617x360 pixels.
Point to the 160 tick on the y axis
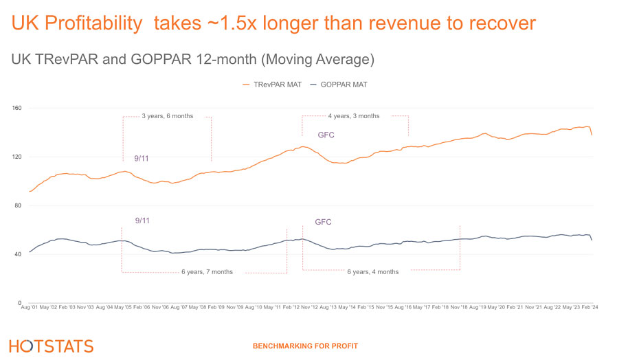click(17, 108)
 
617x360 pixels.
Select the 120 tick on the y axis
click(17, 157)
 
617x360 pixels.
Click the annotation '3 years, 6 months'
click(167, 116)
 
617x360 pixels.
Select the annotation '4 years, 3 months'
click(353, 116)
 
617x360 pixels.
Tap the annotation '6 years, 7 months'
click(207, 272)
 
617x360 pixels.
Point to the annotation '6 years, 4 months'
click(373, 272)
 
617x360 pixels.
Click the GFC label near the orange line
click(326, 135)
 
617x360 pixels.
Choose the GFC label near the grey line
click(323, 223)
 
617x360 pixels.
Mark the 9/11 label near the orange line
click(142, 159)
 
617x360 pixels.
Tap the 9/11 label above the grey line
click(142, 221)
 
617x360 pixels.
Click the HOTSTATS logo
click(52, 346)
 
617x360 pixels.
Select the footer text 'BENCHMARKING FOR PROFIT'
click(305, 346)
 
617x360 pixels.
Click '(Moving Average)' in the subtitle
click(317, 60)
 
